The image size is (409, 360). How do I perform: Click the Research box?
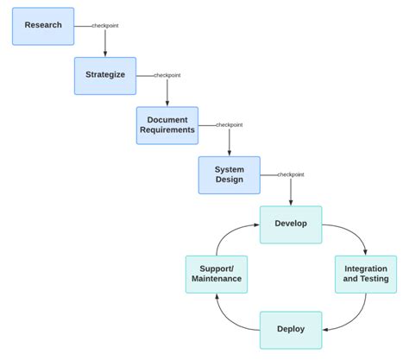[x=43, y=26]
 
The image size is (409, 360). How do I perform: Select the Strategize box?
[x=105, y=75]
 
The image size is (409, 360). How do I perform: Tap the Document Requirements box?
[x=167, y=125]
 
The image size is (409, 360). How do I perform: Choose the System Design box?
[x=230, y=174]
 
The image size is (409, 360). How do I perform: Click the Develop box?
[x=291, y=224]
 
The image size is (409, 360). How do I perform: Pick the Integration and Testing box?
[x=366, y=274]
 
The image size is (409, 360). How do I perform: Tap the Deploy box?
[x=291, y=329]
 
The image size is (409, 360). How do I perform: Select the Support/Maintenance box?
[x=217, y=274]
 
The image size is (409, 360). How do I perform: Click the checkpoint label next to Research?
[x=105, y=26]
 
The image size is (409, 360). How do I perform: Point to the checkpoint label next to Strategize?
[x=167, y=75]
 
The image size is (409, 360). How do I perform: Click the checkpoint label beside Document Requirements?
[x=230, y=125]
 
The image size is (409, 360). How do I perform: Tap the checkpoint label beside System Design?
[x=291, y=174]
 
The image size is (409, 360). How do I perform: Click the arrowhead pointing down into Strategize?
[x=105, y=54]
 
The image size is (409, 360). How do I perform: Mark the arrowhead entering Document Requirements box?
[x=167, y=104]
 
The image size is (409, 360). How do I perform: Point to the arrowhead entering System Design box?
[x=230, y=153]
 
